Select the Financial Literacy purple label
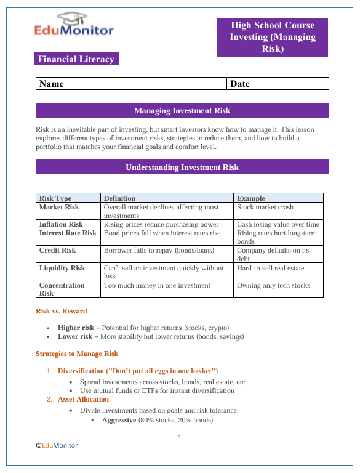point(76,59)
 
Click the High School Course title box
point(273,37)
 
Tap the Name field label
point(52,84)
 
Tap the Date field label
point(240,84)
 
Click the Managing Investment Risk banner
point(182,111)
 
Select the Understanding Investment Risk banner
point(182,167)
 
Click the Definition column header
point(119,198)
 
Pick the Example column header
point(251,198)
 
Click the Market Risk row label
point(59,208)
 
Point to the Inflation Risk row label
point(61,225)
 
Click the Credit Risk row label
point(58,251)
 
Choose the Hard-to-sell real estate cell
point(271,268)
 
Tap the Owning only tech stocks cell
point(274,285)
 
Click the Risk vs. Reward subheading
point(62,311)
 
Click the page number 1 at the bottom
point(180,437)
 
